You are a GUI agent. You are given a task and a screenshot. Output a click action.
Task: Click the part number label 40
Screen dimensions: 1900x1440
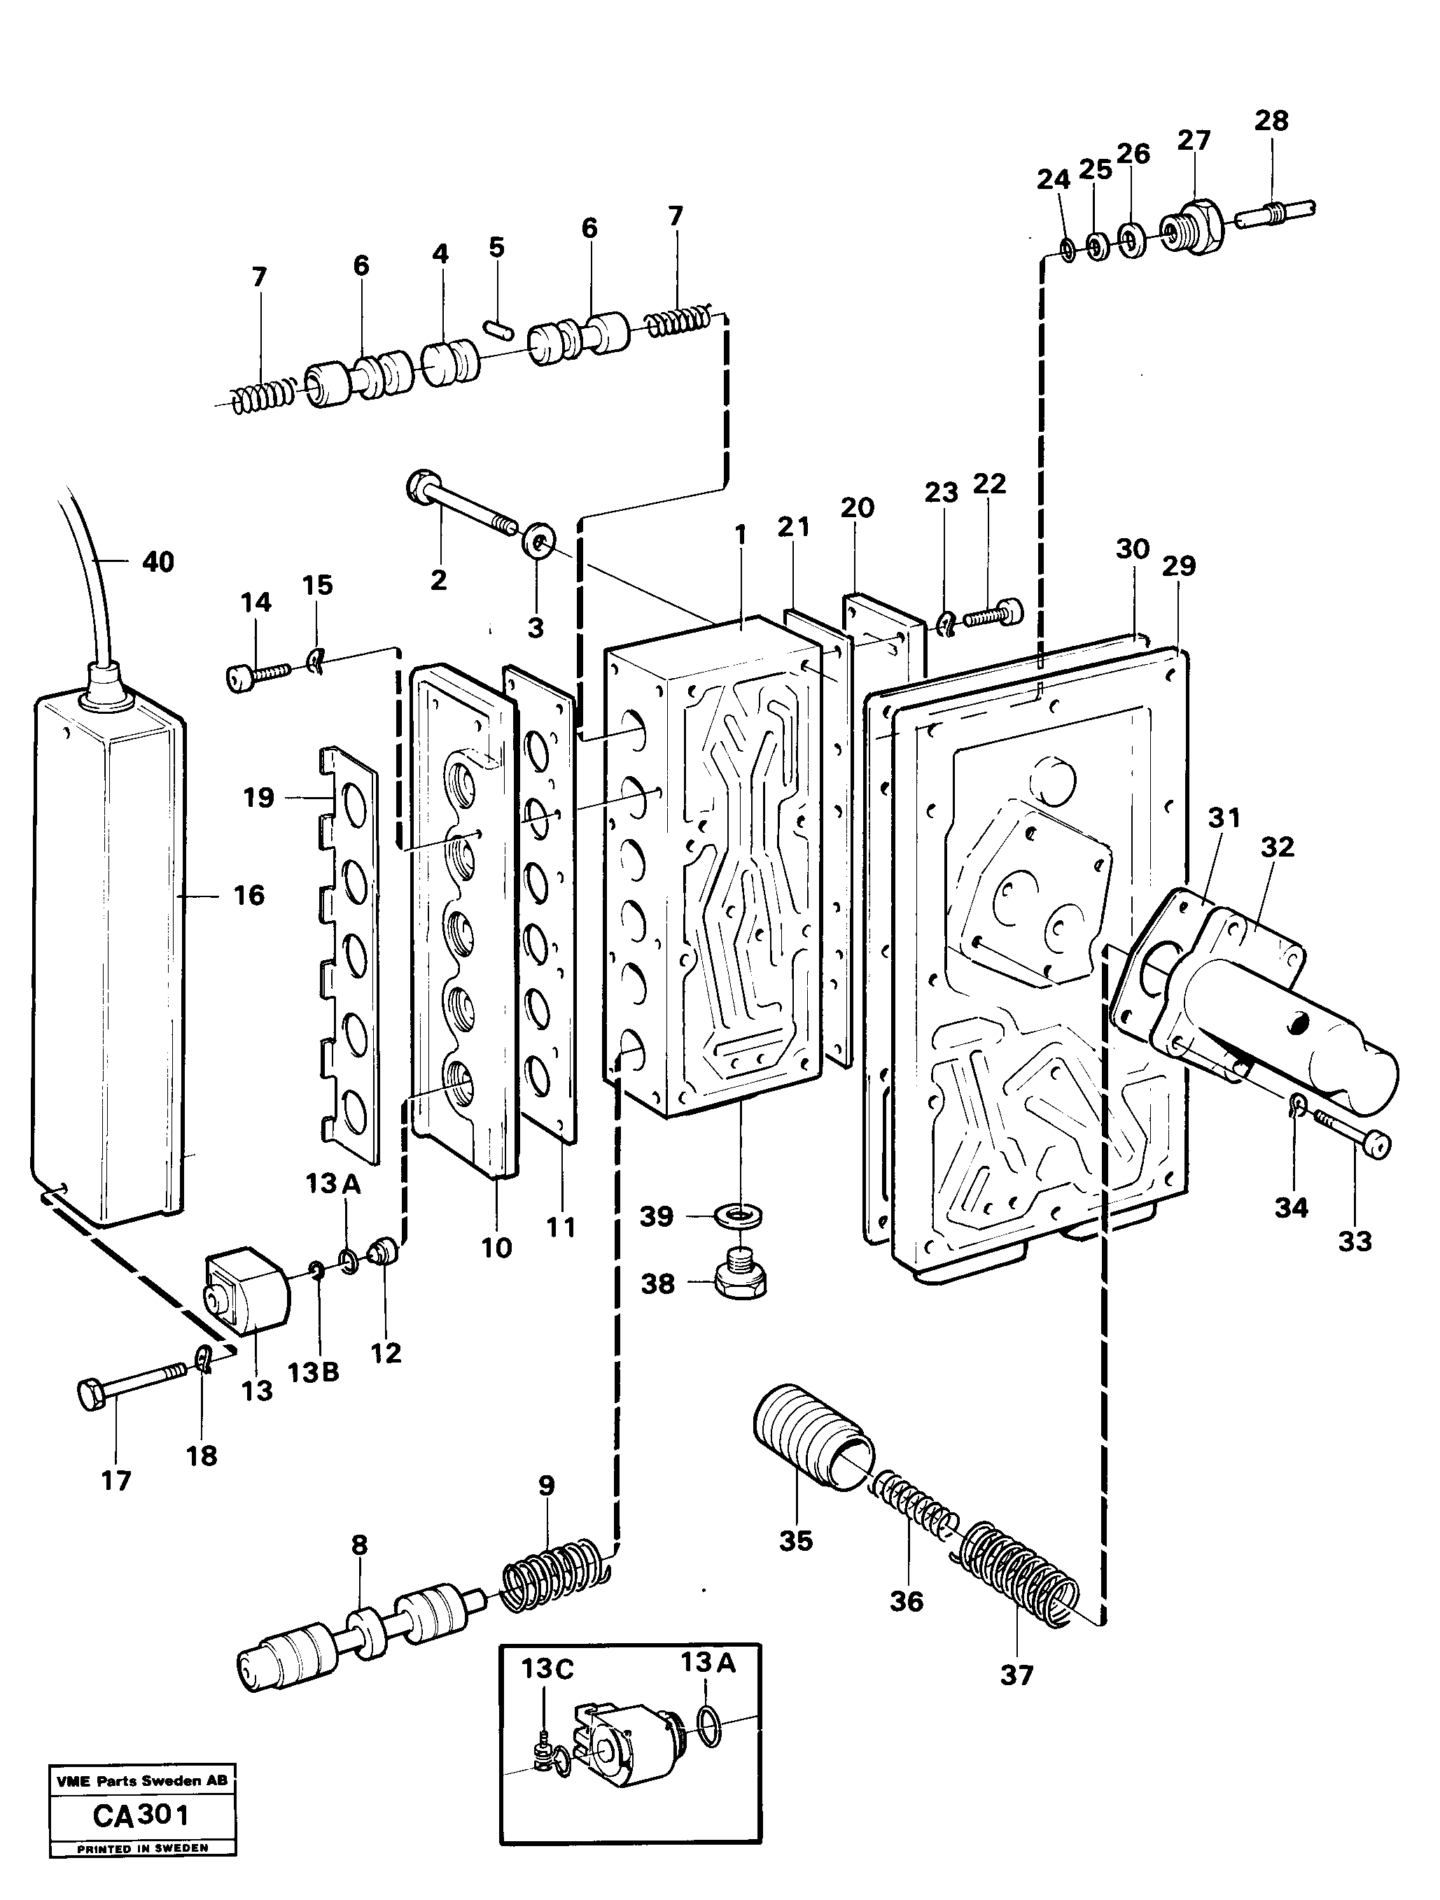158,563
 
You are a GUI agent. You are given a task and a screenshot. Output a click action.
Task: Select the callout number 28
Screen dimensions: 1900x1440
1271,121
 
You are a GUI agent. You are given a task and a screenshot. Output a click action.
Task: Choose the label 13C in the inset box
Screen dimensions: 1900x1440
547,1669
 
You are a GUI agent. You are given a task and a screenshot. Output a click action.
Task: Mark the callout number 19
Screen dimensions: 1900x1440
258,798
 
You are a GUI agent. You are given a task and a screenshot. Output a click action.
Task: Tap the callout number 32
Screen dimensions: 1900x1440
1277,847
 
